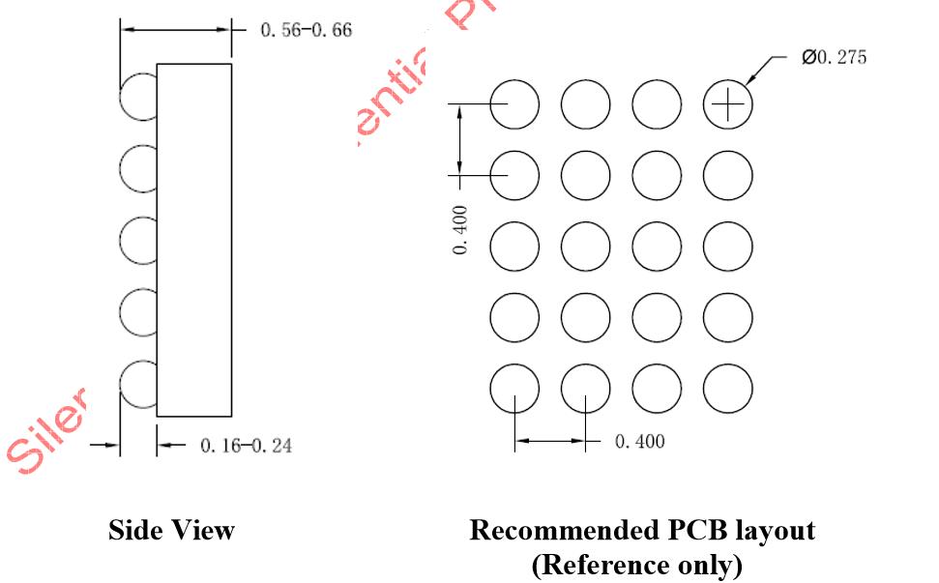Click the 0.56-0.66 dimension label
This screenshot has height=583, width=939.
(x=307, y=30)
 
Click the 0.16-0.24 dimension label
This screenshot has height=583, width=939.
(x=246, y=446)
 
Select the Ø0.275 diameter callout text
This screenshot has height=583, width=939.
(x=834, y=57)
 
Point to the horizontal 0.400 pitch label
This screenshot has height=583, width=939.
(x=639, y=442)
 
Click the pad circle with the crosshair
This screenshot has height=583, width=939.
(x=727, y=103)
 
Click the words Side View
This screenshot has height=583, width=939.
(x=171, y=530)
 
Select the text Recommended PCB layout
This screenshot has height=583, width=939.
(x=642, y=530)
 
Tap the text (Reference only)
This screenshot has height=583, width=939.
(x=642, y=564)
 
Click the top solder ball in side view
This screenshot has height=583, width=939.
(x=138, y=98)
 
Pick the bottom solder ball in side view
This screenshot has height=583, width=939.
(x=138, y=386)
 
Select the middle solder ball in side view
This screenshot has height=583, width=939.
(x=138, y=242)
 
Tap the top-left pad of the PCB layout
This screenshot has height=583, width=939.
(x=514, y=103)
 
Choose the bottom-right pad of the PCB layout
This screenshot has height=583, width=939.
(x=727, y=389)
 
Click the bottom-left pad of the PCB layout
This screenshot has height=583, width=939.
(x=514, y=389)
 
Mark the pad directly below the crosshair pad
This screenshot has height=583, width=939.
(x=727, y=175)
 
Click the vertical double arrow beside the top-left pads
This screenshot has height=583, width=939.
(x=460, y=140)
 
